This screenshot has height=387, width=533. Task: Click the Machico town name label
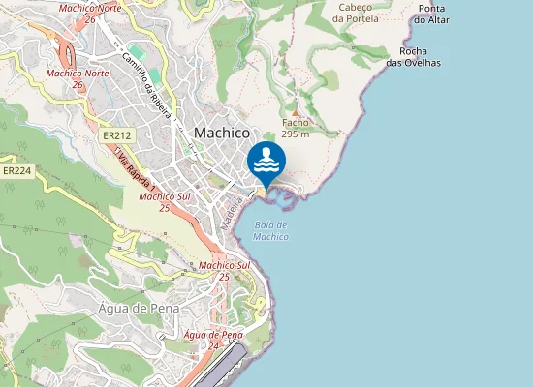pos(222,133)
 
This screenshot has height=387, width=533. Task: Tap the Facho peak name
pos(295,124)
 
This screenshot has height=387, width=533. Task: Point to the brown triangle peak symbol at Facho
pos(296,112)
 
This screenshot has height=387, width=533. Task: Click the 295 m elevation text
pos(296,134)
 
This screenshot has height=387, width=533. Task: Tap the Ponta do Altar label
pos(430,14)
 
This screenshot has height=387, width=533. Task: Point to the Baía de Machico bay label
pos(272,230)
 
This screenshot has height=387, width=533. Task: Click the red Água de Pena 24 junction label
pos(212,340)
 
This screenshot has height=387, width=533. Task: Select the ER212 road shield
pos(117,136)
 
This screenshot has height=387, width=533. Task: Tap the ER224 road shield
pos(16,170)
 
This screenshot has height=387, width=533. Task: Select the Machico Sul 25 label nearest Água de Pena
pos(225,270)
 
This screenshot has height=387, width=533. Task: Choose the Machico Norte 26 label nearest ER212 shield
pos(78,78)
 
